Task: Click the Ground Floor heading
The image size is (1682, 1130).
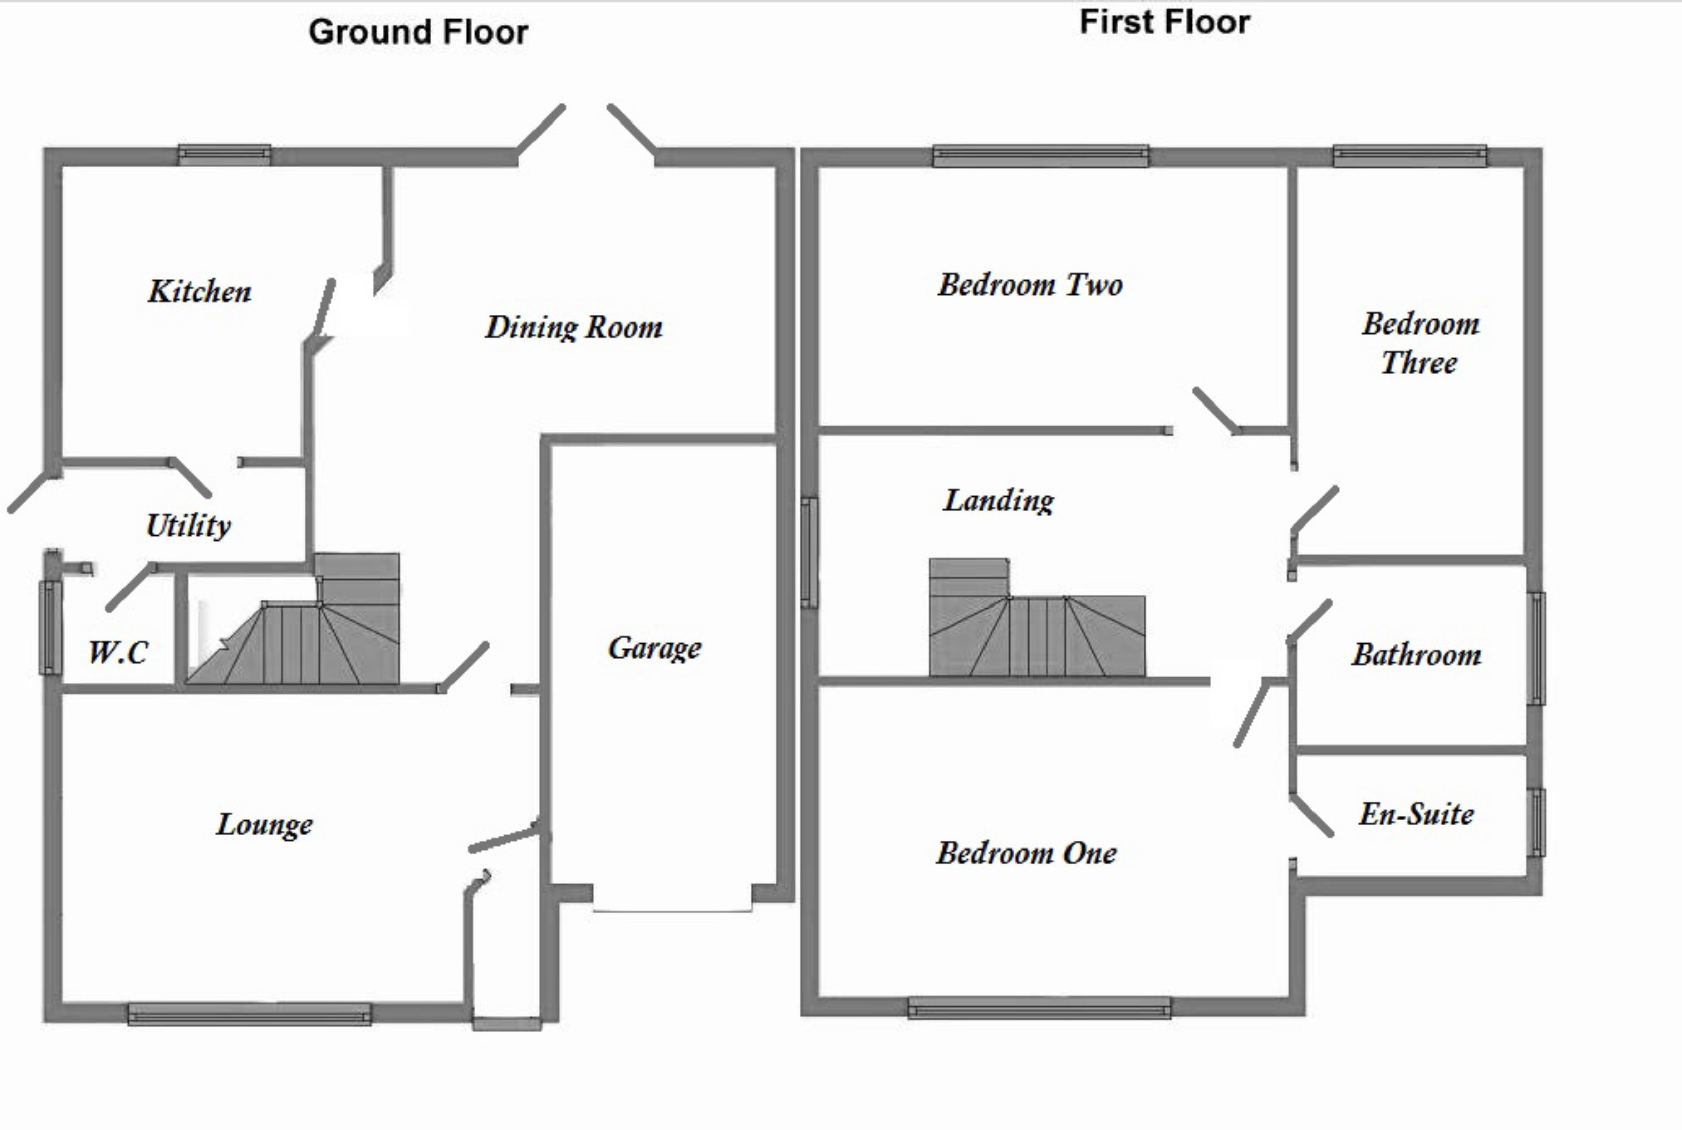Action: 418,32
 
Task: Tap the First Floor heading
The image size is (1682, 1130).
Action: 1164,22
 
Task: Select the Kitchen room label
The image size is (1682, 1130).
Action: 199,292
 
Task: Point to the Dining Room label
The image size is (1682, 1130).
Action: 574,327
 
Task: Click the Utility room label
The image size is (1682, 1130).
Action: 189,525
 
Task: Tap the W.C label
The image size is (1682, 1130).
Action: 118,652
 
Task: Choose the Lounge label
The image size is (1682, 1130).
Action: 264,824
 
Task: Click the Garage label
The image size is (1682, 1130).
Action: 655,647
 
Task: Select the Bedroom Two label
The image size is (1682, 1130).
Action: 1030,285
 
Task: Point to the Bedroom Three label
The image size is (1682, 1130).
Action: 1420,342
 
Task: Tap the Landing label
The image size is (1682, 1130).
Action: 998,500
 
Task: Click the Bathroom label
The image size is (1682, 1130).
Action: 1416,655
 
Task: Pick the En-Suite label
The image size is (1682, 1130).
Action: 1416,814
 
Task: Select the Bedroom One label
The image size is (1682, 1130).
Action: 1027,853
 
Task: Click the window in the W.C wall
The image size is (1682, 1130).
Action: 51,627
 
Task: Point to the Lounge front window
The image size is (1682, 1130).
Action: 249,1014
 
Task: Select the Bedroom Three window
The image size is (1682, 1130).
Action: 1410,155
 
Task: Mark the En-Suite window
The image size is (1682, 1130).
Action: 1537,822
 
